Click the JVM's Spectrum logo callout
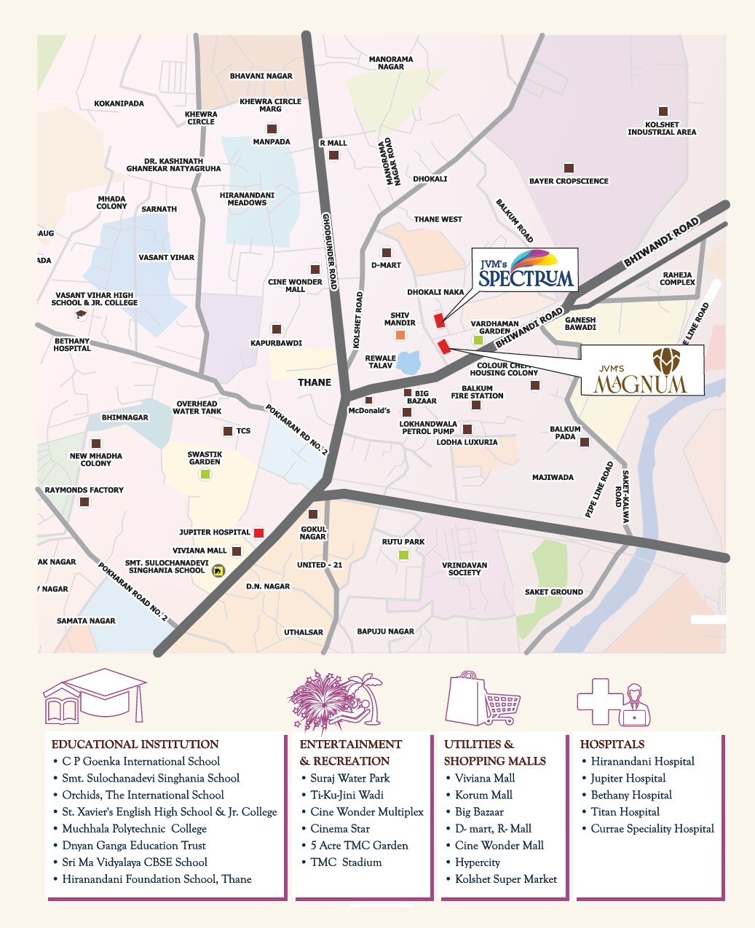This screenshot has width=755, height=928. coord(525,270)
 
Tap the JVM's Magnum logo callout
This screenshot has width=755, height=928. coord(641,370)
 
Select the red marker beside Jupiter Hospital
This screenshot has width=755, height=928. coord(258,532)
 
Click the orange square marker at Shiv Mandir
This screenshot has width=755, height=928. coord(400,335)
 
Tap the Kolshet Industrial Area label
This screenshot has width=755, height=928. coord(662,128)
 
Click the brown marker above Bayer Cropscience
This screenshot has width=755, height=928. coord(568,168)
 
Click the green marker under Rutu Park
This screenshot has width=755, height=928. coord(403,555)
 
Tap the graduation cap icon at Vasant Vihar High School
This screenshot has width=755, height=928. coord(80,315)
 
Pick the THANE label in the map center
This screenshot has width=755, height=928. coord(315,382)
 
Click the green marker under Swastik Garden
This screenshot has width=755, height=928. coord(205,474)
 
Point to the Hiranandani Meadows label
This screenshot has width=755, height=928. coord(247,199)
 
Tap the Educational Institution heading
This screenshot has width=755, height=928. coord(135,744)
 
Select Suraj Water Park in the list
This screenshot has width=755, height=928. coord(349,778)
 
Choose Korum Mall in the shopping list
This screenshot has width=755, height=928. coord(483,795)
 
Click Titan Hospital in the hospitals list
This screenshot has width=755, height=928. coord(625,811)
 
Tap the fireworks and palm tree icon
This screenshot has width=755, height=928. coord(336,699)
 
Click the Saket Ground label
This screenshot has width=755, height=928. coord(553,592)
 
